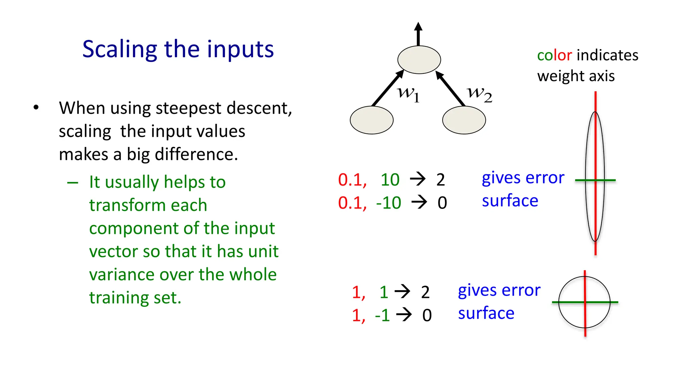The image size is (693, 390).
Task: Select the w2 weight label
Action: point(479,93)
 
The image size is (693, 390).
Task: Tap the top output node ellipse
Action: point(419,60)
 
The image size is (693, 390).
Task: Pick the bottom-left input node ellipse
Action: point(372,120)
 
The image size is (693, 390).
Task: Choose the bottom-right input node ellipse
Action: point(464,120)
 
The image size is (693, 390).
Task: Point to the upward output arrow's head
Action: point(419,27)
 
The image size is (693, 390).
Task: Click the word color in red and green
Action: point(554,55)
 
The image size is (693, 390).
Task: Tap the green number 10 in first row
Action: point(390,179)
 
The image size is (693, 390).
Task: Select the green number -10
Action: point(388,203)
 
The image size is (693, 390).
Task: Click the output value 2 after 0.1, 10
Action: point(440,180)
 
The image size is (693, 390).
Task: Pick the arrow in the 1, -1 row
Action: point(404,315)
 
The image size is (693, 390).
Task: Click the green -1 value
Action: point(382,315)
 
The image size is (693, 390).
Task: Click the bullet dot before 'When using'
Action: point(36,108)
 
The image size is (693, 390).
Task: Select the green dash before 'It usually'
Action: point(73,183)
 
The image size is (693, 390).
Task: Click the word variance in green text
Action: point(122,274)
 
